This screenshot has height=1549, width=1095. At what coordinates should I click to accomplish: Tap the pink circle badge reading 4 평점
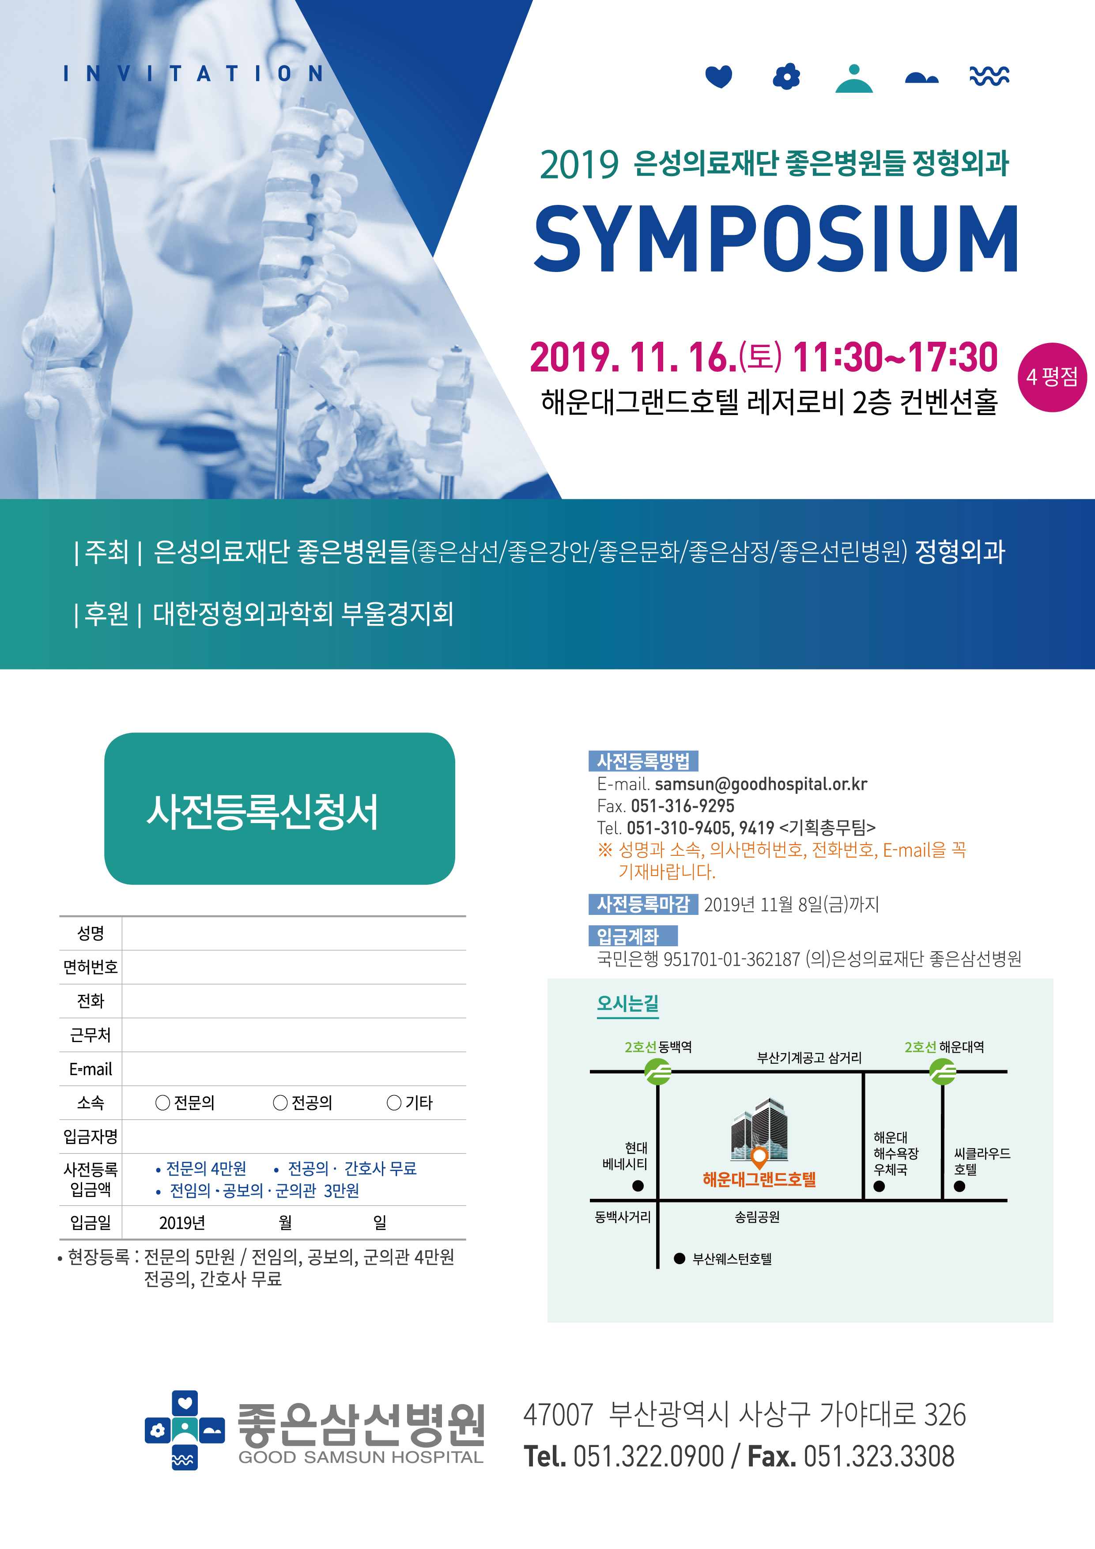click(x=1052, y=377)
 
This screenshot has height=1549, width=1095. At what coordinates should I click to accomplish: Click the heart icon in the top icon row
click(x=718, y=76)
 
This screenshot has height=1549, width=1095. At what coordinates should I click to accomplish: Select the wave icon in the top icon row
click(x=989, y=76)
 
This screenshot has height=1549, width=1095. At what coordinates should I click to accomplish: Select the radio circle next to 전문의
click(x=162, y=1103)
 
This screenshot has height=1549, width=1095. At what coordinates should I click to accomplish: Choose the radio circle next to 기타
click(x=394, y=1103)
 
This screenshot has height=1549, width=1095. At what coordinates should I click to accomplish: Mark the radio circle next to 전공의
click(x=280, y=1103)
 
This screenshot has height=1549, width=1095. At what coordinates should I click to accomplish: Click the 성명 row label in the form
click(x=91, y=933)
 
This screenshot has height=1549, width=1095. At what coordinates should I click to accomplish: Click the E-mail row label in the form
click(x=91, y=1069)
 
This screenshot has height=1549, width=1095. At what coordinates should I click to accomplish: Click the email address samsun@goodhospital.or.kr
click(x=761, y=784)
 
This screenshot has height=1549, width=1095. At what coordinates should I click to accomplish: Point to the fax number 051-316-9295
click(x=682, y=805)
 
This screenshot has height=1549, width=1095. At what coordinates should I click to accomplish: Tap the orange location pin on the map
click(x=759, y=1157)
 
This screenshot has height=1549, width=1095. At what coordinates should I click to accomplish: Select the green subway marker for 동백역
click(x=658, y=1071)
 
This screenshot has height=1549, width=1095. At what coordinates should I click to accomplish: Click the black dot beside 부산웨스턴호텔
click(x=680, y=1258)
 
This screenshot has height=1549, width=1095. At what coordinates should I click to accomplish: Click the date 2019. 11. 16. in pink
click(x=633, y=358)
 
